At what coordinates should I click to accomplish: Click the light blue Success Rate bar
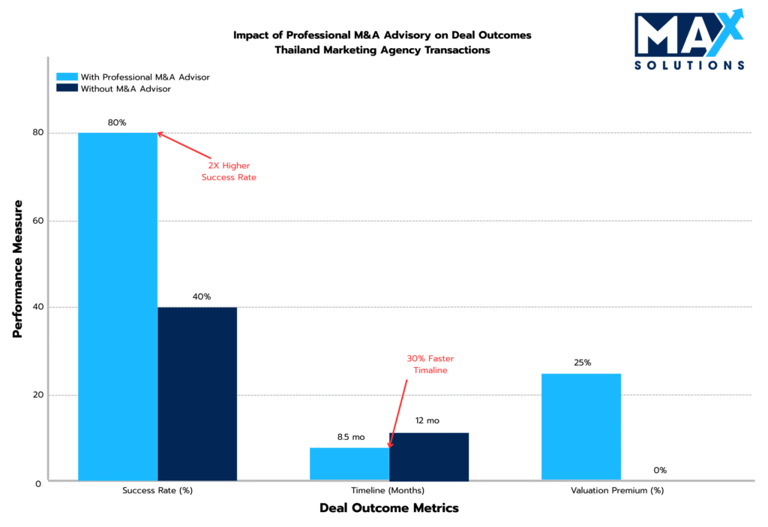tap(118, 306)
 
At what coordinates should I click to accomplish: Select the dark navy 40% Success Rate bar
tap(197, 393)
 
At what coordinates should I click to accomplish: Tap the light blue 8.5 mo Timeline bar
tap(349, 464)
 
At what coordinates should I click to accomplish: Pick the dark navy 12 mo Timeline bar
tap(429, 456)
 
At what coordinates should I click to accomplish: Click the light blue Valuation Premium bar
tap(581, 426)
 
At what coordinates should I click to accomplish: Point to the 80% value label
tap(117, 122)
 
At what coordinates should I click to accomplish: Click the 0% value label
tap(660, 471)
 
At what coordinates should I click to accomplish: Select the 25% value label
tap(582, 363)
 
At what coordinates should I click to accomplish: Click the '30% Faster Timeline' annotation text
tap(430, 364)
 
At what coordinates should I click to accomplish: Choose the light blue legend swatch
tap(67, 77)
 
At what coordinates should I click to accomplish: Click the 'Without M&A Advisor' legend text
tap(126, 89)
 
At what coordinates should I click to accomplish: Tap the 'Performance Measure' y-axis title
tap(18, 268)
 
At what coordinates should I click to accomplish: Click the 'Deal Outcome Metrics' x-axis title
tap(388, 508)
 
